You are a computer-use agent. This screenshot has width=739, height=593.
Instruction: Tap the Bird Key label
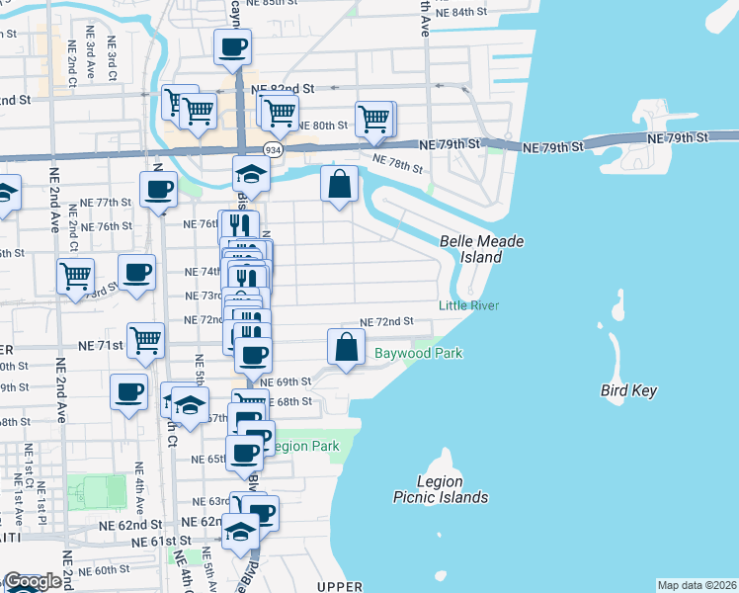coord(628,390)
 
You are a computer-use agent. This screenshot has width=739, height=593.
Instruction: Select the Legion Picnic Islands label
coord(441,488)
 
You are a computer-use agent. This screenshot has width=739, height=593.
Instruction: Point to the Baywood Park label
coord(418,353)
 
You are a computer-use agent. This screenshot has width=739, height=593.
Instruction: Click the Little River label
coord(469,305)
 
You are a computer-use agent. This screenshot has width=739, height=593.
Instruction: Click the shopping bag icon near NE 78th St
coord(339,184)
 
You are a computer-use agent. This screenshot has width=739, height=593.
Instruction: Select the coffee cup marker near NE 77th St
coord(158,189)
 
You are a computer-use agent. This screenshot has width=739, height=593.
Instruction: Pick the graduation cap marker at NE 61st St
coord(239,533)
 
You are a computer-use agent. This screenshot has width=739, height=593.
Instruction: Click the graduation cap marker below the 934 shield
coord(251,176)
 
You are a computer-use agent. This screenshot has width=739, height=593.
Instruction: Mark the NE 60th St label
coord(104,571)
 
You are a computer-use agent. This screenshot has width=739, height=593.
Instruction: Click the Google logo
coord(32,581)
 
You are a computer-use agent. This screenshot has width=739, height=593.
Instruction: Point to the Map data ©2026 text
coord(698,585)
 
